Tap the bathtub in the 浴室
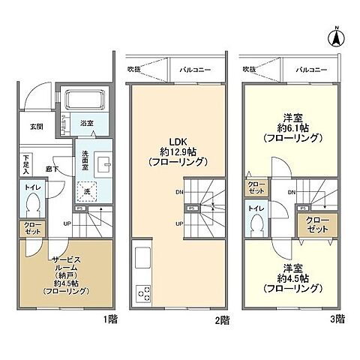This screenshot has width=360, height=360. [84, 100]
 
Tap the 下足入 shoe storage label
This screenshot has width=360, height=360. [27, 162]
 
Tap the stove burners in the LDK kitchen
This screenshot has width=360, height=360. [140, 292]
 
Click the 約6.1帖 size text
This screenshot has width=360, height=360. [293, 127]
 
